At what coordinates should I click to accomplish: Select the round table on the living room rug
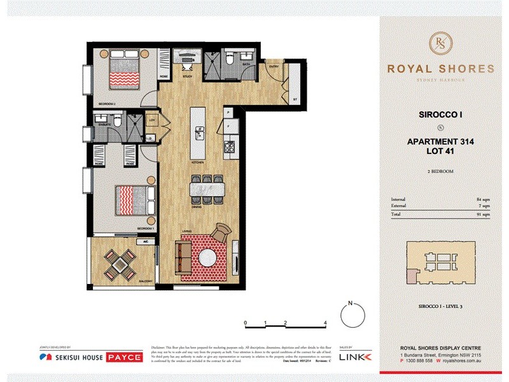pos(207,257)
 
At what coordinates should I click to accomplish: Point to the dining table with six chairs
pos(207,190)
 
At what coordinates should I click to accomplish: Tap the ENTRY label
pos(274,66)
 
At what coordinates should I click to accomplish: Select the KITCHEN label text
pos(197,163)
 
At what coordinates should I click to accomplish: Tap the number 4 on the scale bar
pos(325,323)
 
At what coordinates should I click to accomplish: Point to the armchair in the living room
pos(223,232)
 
